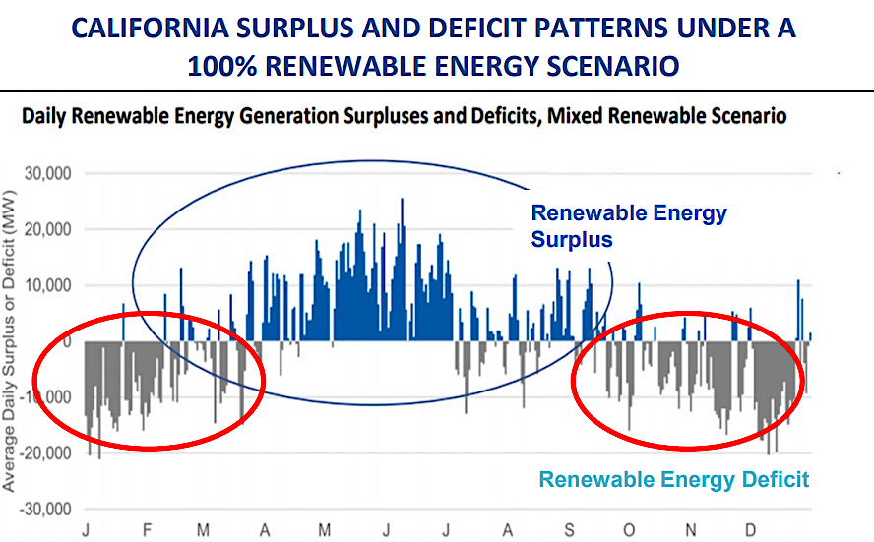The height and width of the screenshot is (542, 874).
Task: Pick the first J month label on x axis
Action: pyautogui.click(x=88, y=531)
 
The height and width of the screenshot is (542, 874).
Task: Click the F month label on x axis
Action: pyautogui.click(x=147, y=531)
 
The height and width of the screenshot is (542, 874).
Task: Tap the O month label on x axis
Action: pyautogui.click(x=630, y=531)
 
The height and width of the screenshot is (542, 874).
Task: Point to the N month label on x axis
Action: pyautogui.click(x=691, y=531)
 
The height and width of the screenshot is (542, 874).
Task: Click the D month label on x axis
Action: pyautogui.click(x=752, y=531)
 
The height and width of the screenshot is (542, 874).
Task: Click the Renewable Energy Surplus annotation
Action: pyautogui.click(x=628, y=225)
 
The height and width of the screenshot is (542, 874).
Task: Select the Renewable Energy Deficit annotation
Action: pyautogui.click(x=673, y=480)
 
